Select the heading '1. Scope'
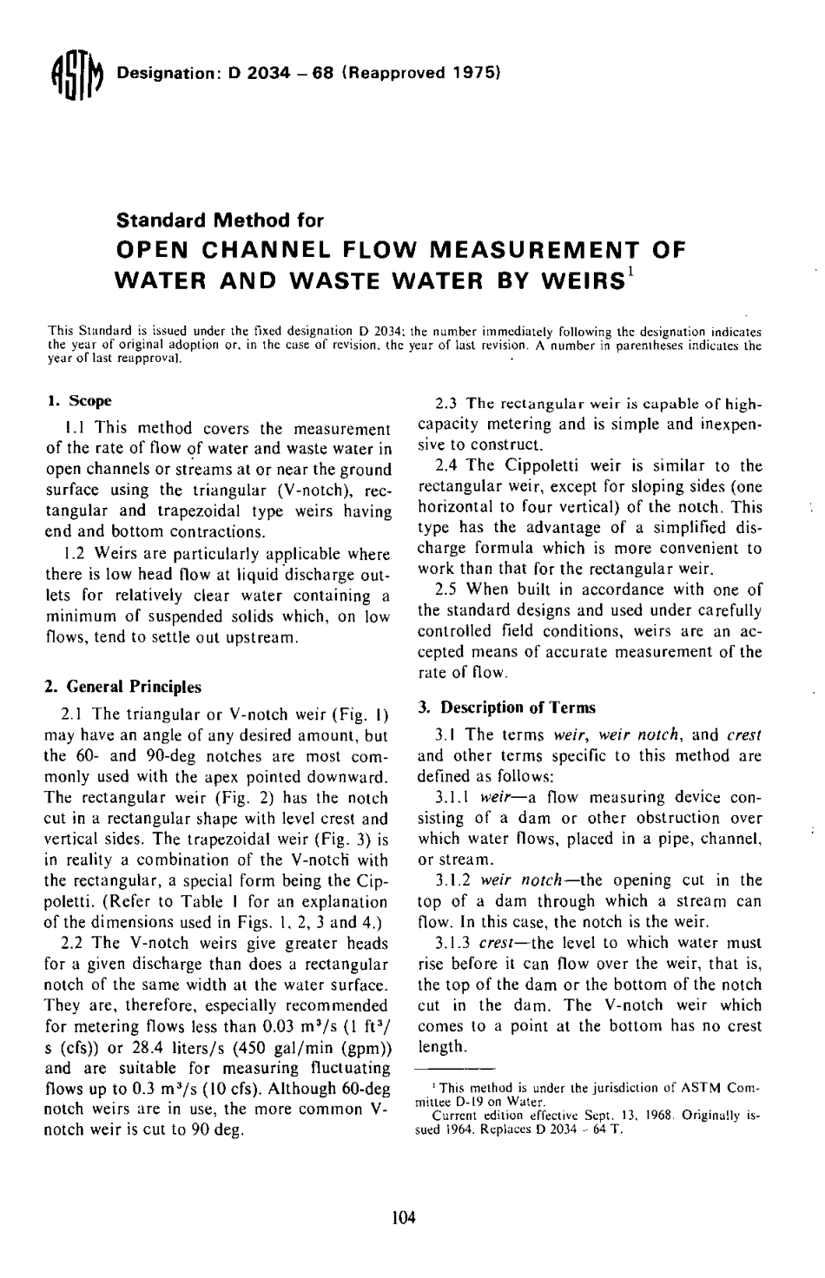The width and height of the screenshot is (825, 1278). [78, 401]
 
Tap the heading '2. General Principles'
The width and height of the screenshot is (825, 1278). [122, 687]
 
